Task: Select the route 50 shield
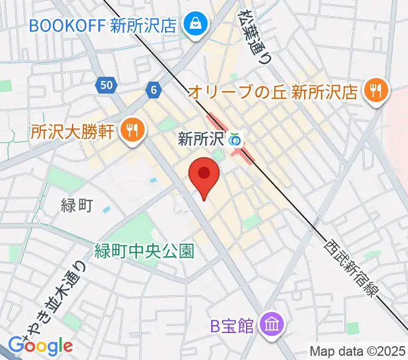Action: tap(106, 86)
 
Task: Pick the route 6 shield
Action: tap(154, 90)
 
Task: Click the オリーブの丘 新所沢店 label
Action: tap(272, 92)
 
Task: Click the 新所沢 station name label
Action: tap(201, 140)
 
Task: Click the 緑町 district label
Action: tap(77, 205)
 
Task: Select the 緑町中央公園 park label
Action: tap(144, 250)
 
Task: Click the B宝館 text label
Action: tap(231, 326)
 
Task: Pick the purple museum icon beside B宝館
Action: tap(271, 326)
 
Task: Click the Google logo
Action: tap(40, 346)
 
